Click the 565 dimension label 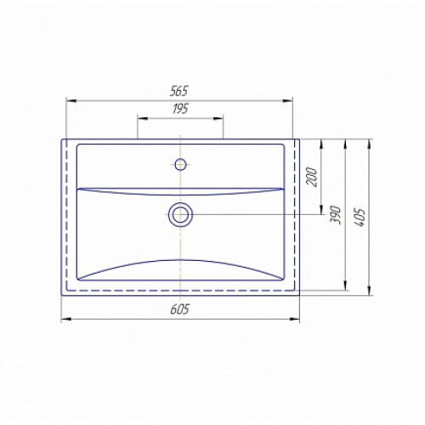[x=179, y=91]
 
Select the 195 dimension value [x=180, y=109]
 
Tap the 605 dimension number [x=179, y=309]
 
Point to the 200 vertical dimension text [x=312, y=177]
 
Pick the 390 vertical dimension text [x=337, y=215]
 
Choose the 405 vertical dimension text [x=360, y=218]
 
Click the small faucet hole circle [x=180, y=164]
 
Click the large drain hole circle [x=180, y=215]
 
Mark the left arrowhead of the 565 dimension [x=71, y=100]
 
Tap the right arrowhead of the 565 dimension [x=287, y=100]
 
